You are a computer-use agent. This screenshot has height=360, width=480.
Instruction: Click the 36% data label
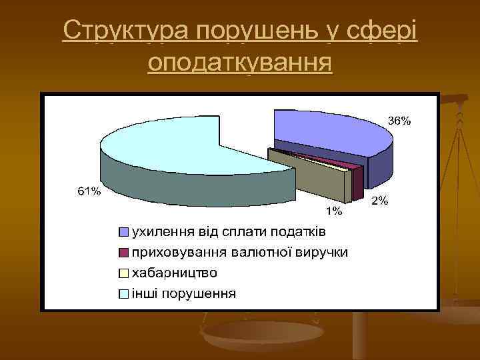(x=400, y=121)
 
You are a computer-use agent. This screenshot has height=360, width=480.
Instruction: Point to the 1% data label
(x=333, y=211)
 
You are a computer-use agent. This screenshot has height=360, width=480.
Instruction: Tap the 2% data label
(x=379, y=200)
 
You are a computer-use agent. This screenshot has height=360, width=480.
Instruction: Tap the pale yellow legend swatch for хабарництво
(x=124, y=273)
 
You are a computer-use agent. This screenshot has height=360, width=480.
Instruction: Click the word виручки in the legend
(x=328, y=253)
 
